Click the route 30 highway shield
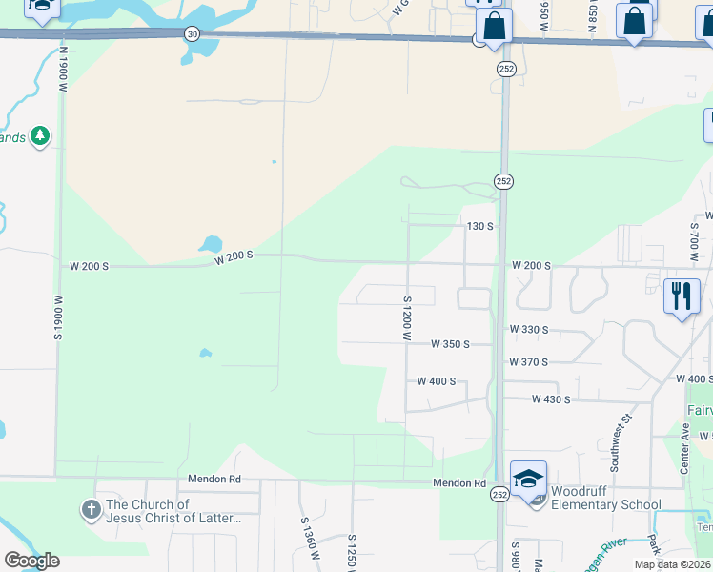click(193, 33)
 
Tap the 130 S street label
click(479, 226)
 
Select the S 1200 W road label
click(406, 318)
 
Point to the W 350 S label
click(450, 343)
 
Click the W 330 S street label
click(529, 329)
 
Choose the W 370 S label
click(529, 362)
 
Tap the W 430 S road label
click(551, 399)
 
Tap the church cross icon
click(92, 509)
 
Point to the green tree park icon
click(40, 136)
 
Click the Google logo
click(31, 561)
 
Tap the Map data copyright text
click(673, 564)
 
